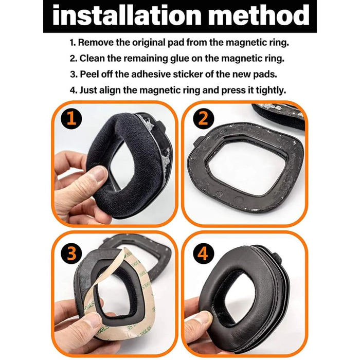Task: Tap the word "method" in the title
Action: (259, 15)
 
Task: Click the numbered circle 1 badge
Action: (71, 118)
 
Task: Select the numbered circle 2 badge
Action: (203, 118)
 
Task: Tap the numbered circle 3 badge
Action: (71, 254)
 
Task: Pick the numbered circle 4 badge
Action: (203, 254)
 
